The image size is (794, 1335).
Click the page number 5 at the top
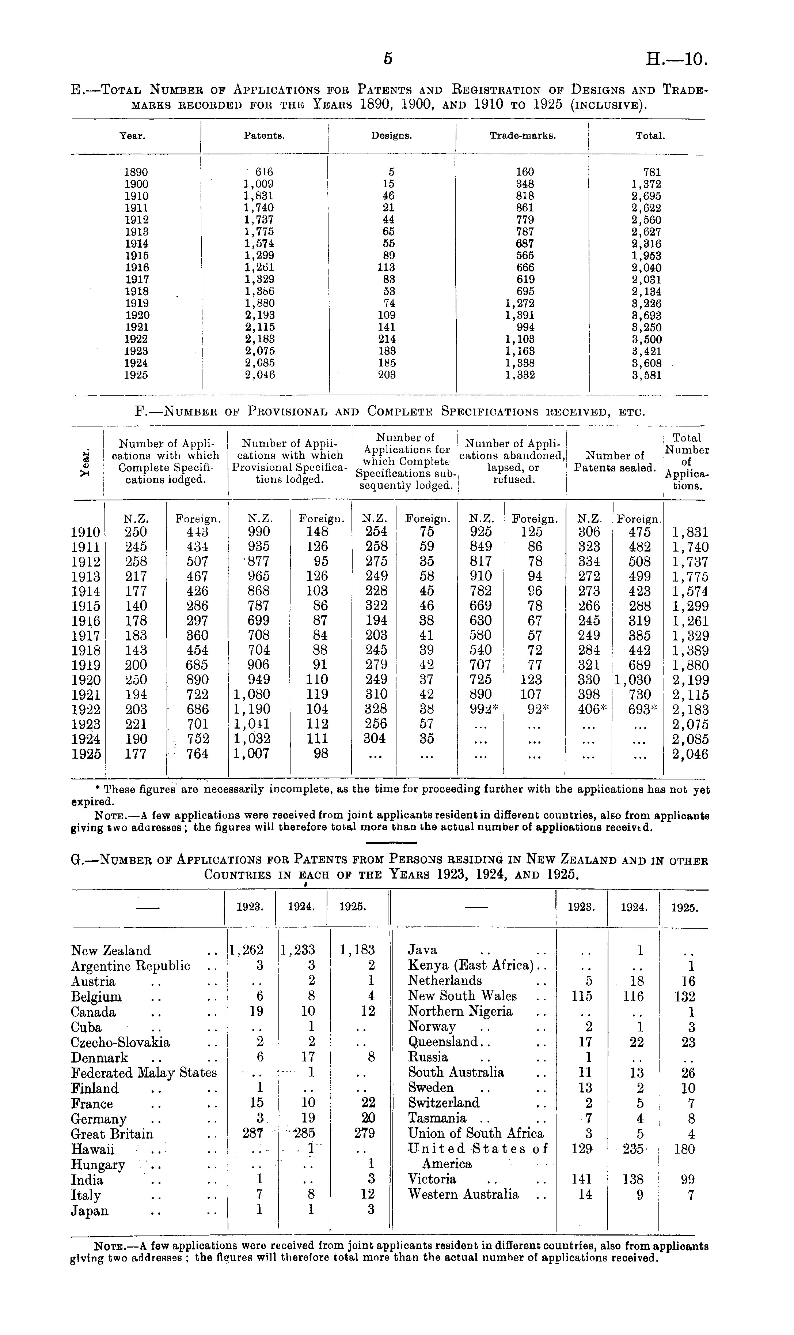[x=388, y=59]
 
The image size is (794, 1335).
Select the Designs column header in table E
[x=392, y=136]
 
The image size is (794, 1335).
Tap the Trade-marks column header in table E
[x=523, y=136]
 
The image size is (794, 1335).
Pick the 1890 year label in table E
[x=136, y=172]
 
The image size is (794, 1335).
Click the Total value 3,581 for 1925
[x=646, y=375]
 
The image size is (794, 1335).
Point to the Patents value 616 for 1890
[x=263, y=172]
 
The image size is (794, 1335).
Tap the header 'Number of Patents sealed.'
[x=615, y=462]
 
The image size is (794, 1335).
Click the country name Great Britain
[x=112, y=1133]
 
